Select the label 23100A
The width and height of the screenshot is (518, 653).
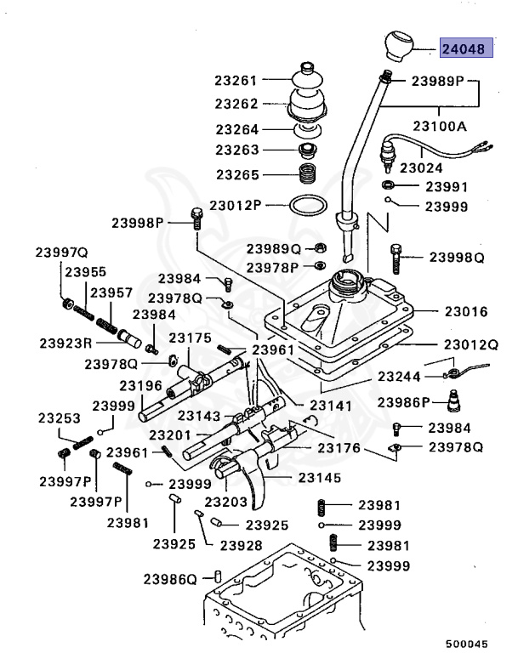tap(441, 126)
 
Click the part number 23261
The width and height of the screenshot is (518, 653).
tap(236, 82)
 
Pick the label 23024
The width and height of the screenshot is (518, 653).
tap(421, 168)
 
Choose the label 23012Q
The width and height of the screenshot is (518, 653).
tap(470, 345)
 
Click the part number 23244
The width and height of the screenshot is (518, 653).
tap(399, 375)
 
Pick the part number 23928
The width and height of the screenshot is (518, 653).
tap(241, 544)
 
